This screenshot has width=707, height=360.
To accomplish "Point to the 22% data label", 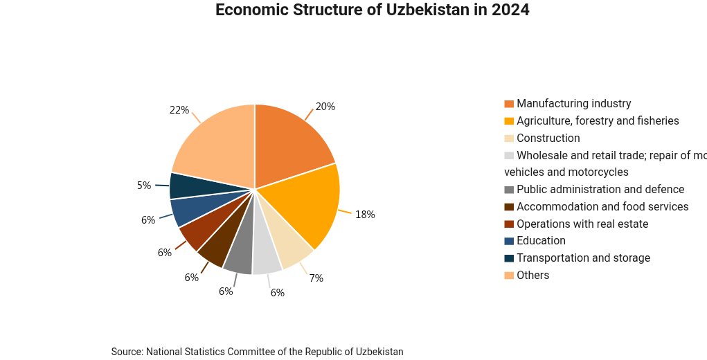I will tap(179, 110).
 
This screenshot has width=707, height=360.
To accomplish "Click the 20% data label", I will tap(325, 107).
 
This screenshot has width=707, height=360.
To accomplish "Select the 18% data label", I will tap(365, 215).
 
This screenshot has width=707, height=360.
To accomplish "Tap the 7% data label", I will tap(316, 278).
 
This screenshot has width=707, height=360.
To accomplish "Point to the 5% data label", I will tap(144, 186).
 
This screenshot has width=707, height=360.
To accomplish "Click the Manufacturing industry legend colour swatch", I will tap(509, 104).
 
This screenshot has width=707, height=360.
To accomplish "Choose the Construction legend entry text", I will tap(548, 138).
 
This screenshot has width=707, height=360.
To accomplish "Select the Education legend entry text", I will tap(541, 241).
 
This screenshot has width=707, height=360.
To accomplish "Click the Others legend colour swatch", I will tap(509, 276).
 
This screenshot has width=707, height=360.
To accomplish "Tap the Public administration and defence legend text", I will tap(600, 190).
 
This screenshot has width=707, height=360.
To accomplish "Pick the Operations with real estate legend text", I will tap(582, 224).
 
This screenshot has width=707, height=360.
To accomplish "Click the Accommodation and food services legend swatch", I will tap(509, 207).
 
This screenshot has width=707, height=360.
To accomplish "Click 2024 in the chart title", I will tap(510, 10).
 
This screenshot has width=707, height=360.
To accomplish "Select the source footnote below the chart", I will tap(257, 352).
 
